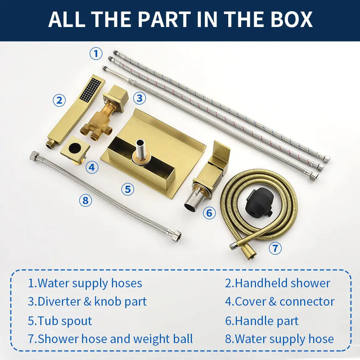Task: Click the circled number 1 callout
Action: click(x=96, y=54)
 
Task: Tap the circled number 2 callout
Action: click(x=59, y=100)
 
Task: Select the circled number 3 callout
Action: click(x=139, y=98)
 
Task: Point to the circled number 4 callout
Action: click(x=92, y=167)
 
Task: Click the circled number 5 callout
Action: click(x=128, y=189)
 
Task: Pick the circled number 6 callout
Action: click(x=209, y=213)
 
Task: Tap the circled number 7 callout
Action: click(x=275, y=248)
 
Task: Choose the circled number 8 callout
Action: click(x=85, y=200)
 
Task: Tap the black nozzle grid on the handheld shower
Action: click(x=90, y=89)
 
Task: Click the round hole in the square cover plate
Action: click(x=75, y=148)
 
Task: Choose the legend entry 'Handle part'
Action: click(x=262, y=321)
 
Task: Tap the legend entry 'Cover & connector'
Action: click(x=280, y=301)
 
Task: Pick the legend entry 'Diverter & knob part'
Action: click(x=87, y=301)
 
